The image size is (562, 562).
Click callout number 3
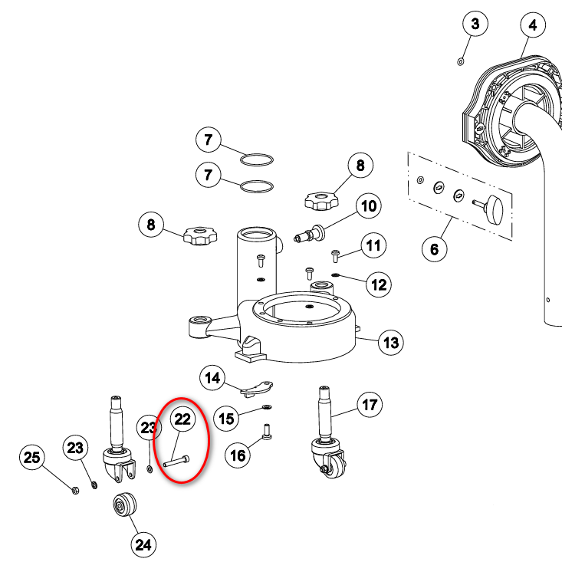[x=475, y=25]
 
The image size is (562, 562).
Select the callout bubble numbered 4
[x=533, y=25]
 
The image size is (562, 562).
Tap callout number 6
[x=434, y=248]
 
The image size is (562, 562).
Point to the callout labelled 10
[x=370, y=205]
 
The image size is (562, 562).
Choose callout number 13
[x=391, y=342]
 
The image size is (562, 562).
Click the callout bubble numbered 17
[x=370, y=404]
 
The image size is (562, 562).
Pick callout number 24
[x=143, y=544]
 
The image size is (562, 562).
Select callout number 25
[x=31, y=458]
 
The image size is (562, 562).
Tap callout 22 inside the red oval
[x=182, y=419]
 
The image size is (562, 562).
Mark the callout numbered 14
[x=212, y=377]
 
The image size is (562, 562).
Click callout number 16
[x=238, y=455]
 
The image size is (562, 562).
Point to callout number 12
[x=379, y=286]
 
